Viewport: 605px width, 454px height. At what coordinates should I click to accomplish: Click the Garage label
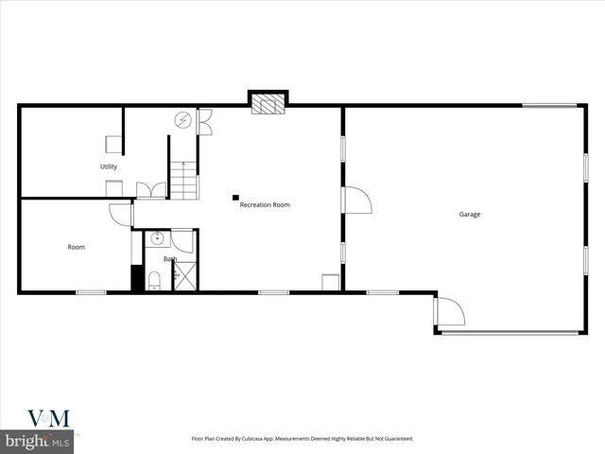470,215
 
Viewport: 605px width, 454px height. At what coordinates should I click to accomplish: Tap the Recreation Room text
265,204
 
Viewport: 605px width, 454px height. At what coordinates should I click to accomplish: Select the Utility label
109,167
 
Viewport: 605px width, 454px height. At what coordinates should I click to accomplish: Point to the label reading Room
76,247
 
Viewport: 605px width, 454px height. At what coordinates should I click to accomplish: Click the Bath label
170,258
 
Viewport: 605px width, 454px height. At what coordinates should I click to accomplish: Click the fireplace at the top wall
268,103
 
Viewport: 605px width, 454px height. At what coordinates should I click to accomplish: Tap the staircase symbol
184,180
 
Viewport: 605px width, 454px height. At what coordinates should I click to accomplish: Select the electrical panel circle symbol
182,120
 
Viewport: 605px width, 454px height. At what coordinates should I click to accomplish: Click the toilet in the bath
154,279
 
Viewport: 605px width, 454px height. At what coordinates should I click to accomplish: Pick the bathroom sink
157,238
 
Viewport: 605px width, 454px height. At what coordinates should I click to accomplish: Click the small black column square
235,198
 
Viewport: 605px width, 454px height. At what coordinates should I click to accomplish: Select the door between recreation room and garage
355,201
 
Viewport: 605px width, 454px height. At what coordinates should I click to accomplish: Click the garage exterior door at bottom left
449,311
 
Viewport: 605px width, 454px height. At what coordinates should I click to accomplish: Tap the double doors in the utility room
150,190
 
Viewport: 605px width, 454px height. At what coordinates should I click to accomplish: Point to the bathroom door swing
182,241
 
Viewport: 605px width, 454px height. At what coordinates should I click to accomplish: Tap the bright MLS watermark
38,441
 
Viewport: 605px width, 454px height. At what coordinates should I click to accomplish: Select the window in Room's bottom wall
91,292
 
